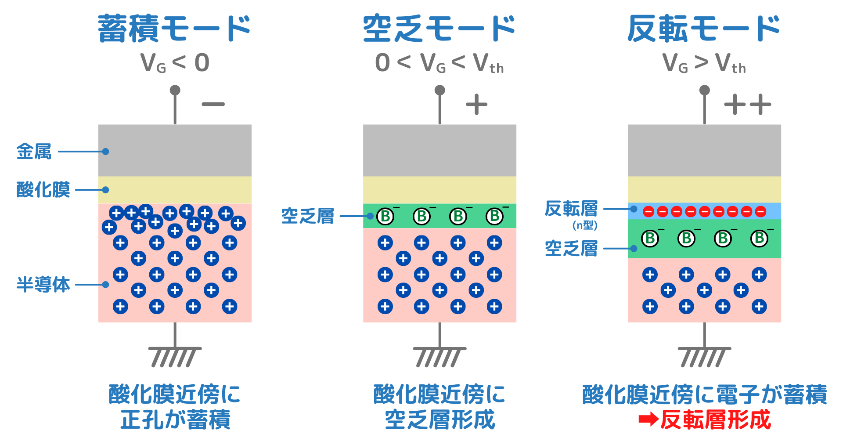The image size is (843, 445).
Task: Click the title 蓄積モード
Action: click(174, 29)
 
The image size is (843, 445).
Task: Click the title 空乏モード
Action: click(439, 29)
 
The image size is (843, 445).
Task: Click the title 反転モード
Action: click(704, 29)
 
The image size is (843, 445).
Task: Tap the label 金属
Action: click(34, 152)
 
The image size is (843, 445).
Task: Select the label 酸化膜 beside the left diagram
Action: click(43, 190)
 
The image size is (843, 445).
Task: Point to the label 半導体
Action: click(43, 285)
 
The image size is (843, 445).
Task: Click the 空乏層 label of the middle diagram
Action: click(307, 216)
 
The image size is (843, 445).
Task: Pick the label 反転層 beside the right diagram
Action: click(571, 209)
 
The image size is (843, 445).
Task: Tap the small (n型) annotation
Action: click(585, 225)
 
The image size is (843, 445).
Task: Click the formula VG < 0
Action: click(175, 63)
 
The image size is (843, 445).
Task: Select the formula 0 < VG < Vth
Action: click(439, 63)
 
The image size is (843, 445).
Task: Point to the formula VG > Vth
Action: click(704, 63)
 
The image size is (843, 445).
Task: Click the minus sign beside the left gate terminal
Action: click(213, 105)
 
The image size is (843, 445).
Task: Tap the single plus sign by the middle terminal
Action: click(476, 105)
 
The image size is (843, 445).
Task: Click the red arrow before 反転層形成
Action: click(648, 420)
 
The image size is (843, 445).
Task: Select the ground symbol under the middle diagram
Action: click(439, 356)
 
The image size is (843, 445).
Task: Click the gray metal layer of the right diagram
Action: click(704, 150)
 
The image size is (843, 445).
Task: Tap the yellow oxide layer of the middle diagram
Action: click(440, 190)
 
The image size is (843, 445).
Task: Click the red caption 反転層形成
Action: click(716, 420)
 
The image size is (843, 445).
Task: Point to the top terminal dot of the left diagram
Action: click(175, 90)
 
